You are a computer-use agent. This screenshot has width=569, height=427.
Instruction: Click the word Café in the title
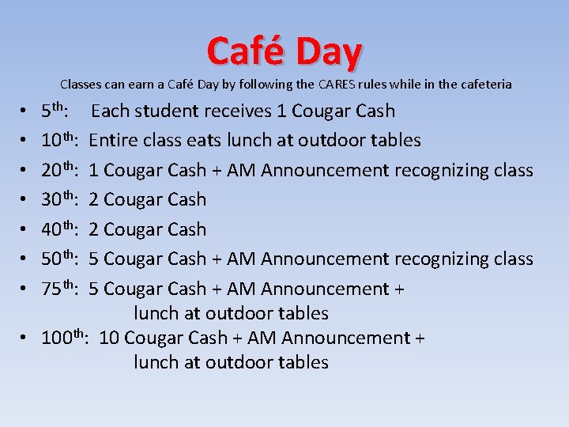[247, 51]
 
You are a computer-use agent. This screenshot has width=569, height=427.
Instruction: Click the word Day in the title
[329, 52]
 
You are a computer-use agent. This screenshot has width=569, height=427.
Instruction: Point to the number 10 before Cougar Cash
[109, 338]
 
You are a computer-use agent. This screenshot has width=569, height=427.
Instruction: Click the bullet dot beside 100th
[25, 338]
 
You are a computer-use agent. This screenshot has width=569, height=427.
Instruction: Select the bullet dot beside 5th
[25, 111]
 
